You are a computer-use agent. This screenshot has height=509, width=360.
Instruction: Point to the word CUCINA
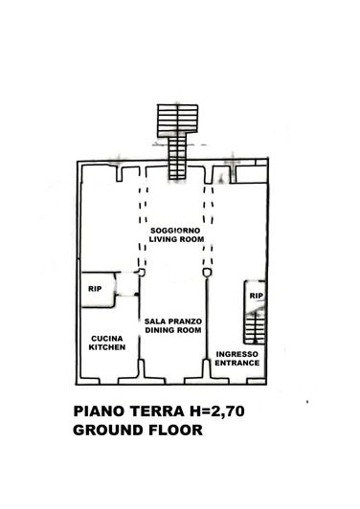tap(106, 339)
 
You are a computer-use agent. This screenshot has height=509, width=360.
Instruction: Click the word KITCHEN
tap(106, 348)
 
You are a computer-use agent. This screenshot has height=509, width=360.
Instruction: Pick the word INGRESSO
tap(236, 354)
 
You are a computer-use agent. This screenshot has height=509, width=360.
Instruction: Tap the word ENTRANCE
tap(236, 364)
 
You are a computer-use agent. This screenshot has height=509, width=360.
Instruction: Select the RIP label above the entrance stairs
tap(255, 297)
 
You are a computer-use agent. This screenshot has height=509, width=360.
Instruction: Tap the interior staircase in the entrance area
tap(255, 325)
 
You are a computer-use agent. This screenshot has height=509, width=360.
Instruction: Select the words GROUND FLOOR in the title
tap(137, 431)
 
